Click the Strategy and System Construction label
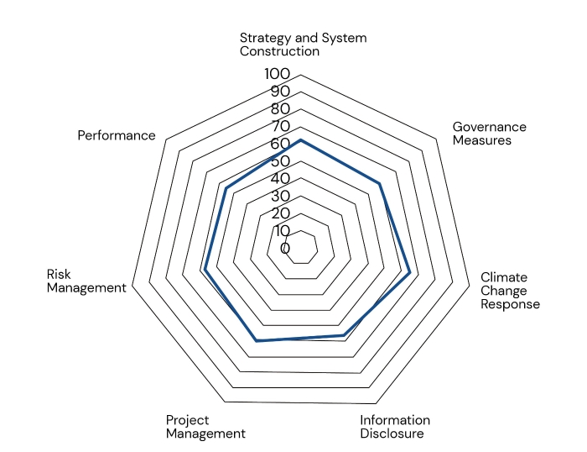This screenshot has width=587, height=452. coord(303,45)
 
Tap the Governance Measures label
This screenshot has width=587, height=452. coord(489,134)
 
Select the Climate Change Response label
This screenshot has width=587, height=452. coord(509,291)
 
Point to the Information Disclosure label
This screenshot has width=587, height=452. coord(395,427)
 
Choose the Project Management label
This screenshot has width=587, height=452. coord(205,427)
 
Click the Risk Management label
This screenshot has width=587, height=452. coord(86,281)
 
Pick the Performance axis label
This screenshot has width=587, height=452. coord(117,135)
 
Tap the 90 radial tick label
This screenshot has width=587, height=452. coord(279,92)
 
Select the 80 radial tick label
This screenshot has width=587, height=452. coord(279,109)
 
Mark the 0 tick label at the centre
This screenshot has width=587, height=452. coord(285,249)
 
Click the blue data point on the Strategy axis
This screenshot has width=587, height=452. coord(300,139)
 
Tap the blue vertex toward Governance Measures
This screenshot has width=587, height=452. coord(380,184)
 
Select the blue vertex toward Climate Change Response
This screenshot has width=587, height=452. coord(409,273)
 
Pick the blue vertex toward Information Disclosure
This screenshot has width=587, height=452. coord(342,335)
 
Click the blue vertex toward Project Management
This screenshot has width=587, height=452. coord(257,340)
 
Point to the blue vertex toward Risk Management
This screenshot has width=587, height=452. coord(205,271)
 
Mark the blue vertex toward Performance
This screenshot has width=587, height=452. coord(226,189)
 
